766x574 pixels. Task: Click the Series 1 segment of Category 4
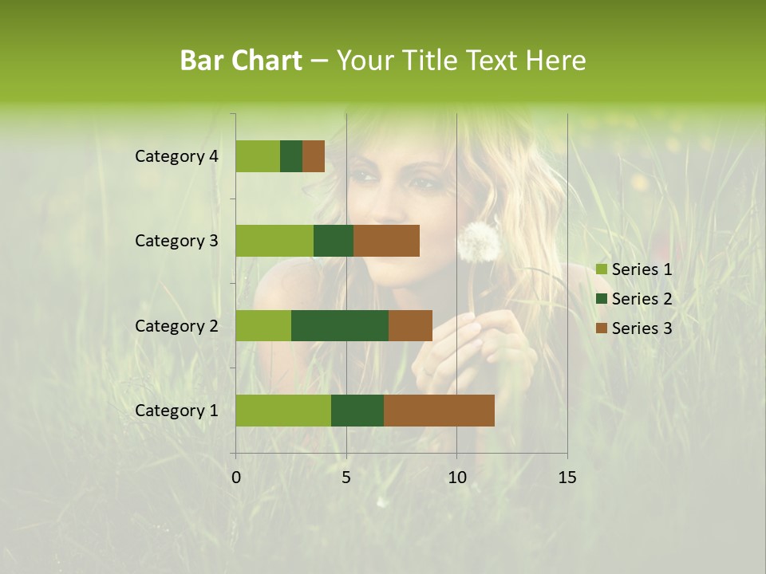coord(258,156)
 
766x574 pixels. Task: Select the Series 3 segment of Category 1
coord(439,411)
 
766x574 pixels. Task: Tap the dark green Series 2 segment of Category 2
coord(340,325)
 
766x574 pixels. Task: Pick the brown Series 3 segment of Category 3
coord(386,241)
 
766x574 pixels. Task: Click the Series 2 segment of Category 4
coord(291,156)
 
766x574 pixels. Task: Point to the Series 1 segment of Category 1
coord(283,411)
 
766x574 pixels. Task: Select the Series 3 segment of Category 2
coord(410,325)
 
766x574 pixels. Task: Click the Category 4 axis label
coord(176,156)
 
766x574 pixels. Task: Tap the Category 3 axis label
coord(176,241)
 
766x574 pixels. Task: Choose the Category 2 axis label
coord(176,326)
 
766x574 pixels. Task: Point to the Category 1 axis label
coord(176,411)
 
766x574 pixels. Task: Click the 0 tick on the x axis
coord(236,478)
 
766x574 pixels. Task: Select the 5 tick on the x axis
coord(346,478)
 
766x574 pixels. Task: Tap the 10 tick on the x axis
coord(456,478)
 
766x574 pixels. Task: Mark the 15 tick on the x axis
coord(567,478)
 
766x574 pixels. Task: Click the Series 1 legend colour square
coord(602,269)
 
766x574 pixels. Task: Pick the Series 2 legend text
coord(642,299)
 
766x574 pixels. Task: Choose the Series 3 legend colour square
coord(602,328)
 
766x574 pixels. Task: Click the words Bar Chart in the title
coord(241,61)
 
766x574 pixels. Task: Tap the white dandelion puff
coord(478,240)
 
